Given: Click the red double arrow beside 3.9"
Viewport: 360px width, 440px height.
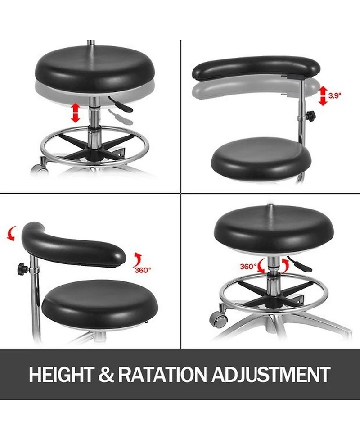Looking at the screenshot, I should [323, 96].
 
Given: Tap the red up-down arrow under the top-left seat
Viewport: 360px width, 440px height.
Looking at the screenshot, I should [75, 113].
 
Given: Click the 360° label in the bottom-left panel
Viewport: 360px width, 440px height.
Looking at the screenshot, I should [143, 270].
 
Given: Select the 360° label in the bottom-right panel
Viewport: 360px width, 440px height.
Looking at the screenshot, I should [248, 266].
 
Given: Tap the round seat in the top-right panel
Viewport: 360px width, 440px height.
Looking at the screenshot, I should [261, 158].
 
